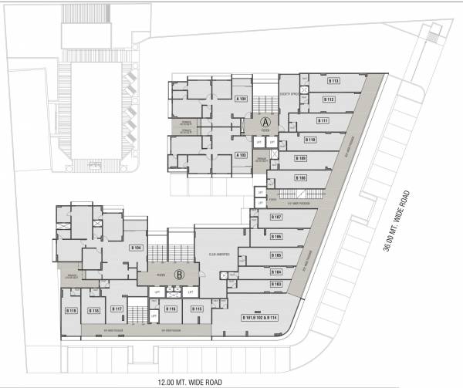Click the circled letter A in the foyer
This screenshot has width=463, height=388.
[265, 122]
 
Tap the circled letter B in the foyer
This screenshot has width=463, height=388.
[178, 273]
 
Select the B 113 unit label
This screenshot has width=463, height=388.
[334, 81]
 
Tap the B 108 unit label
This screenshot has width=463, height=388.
[301, 177]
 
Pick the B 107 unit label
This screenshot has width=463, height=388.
[275, 217]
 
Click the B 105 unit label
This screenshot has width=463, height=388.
[275, 255]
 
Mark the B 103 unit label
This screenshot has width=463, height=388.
[275, 284]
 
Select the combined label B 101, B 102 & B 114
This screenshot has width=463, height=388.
[260, 318]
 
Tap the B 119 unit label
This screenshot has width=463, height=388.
[71, 310]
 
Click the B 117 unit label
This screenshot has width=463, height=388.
[118, 309]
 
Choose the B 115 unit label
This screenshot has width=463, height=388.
[197, 309]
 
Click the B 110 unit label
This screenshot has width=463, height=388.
[312, 140]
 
